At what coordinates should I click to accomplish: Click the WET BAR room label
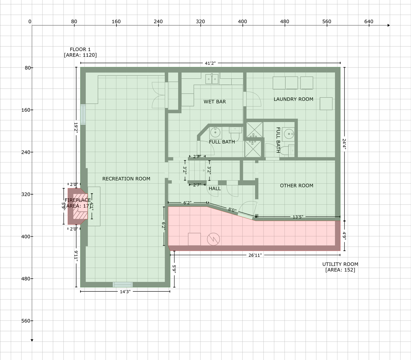pos(215,102)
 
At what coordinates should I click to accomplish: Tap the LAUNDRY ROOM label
pos(293,99)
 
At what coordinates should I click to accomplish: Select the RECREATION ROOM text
pos(126,179)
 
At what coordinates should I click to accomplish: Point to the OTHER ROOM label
pos(296,185)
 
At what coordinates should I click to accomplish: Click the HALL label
pos(215,188)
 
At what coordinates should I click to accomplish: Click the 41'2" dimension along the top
pos(210,63)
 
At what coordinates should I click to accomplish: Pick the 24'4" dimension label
pos(344,144)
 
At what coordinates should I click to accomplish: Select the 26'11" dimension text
pos(255,255)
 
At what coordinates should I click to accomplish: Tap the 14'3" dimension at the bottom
pos(125,292)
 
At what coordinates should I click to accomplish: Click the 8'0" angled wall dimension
pos(232,210)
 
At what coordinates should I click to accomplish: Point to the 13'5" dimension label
pos(298,217)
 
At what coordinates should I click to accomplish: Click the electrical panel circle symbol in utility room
pos(213,239)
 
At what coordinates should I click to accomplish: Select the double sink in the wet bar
pos(212,79)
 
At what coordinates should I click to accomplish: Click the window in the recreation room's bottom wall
pos(122,285)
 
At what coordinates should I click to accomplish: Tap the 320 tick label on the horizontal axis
pos(200,22)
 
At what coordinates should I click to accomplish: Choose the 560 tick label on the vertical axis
pos(26,321)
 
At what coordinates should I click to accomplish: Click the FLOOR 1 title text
pos(80,49)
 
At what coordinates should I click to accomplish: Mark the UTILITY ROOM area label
pos(340,267)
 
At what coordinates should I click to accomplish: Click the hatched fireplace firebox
pos(80,206)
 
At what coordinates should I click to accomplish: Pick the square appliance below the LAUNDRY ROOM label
pos(326,103)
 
